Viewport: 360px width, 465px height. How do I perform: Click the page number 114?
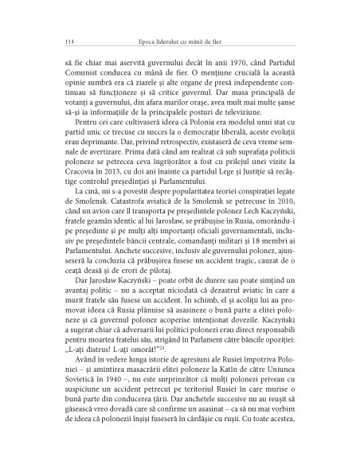(53, 41)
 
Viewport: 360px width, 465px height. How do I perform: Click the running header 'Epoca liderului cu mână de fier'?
(179, 41)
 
